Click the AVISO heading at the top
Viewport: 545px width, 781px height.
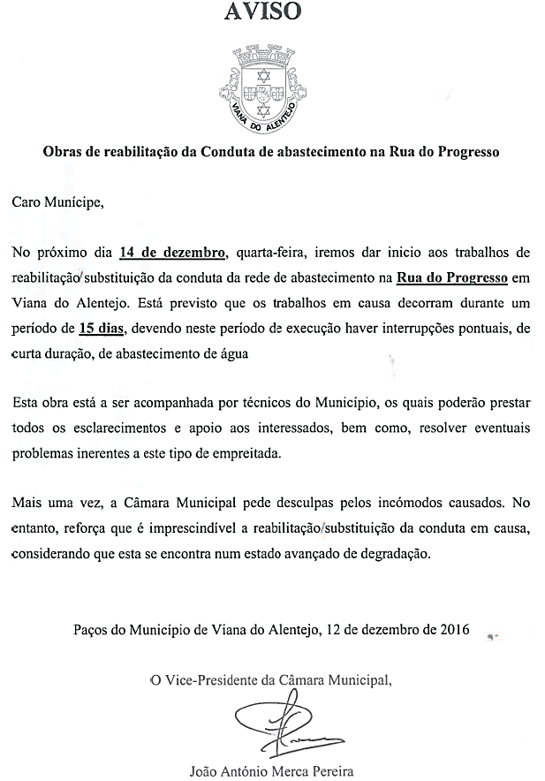point(261,11)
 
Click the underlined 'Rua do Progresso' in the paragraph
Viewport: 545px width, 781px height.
point(452,278)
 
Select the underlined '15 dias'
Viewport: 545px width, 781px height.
point(103,330)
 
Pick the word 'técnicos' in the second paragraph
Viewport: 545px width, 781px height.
point(267,404)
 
